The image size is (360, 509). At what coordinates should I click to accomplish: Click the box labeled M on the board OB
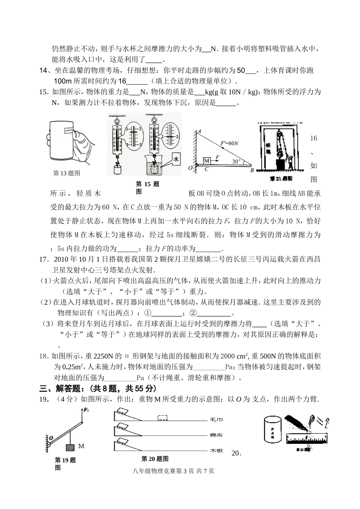click(x=206, y=161)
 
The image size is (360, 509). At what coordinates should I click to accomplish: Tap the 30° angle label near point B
click(x=236, y=161)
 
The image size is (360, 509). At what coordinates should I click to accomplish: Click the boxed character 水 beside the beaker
click(x=176, y=160)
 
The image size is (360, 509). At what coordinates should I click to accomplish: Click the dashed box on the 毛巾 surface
click(x=162, y=418)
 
